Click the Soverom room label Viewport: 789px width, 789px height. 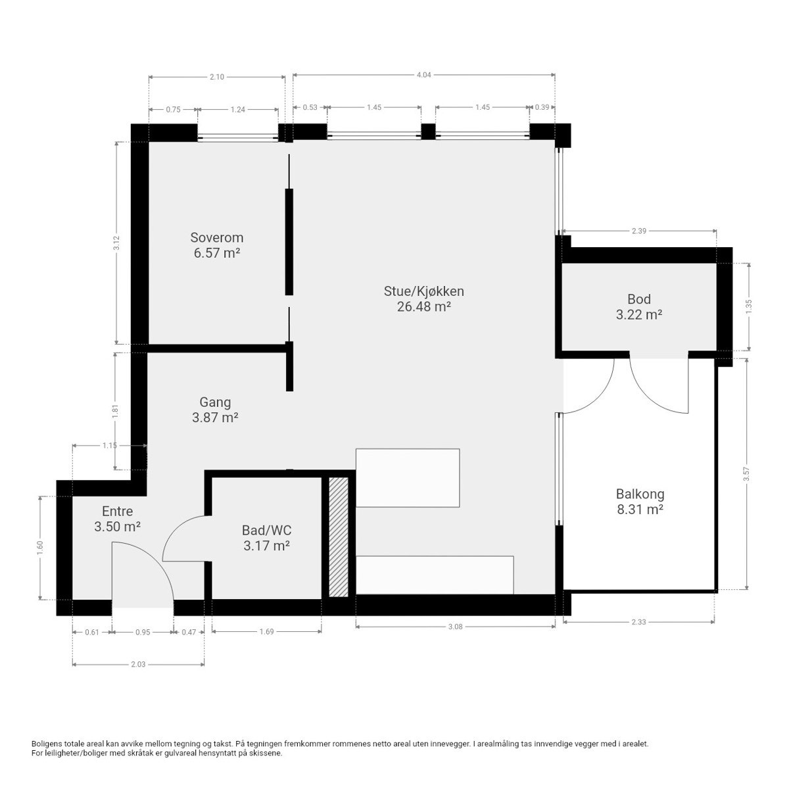pyautogui.click(x=216, y=237)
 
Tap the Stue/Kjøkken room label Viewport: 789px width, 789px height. pyautogui.click(x=424, y=291)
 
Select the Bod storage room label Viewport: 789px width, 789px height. pyautogui.click(x=638, y=299)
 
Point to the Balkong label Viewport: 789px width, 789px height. pyautogui.click(x=640, y=494)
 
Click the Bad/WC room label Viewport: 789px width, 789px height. pyautogui.click(x=266, y=531)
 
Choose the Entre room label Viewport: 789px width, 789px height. pyautogui.click(x=118, y=512)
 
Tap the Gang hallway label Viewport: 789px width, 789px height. pyautogui.click(x=216, y=402)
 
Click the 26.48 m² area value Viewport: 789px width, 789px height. pyautogui.click(x=424, y=306)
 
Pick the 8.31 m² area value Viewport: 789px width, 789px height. pyautogui.click(x=640, y=510)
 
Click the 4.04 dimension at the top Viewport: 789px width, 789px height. pyautogui.click(x=424, y=75)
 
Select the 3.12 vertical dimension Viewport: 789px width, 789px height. pyautogui.click(x=116, y=243)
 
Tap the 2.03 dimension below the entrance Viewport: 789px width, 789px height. pyautogui.click(x=138, y=664)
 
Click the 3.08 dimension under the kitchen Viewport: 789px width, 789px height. pyautogui.click(x=455, y=627)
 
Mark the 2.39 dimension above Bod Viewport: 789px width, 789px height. pyautogui.click(x=638, y=231)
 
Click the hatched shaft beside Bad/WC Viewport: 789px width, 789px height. pyautogui.click(x=339, y=537)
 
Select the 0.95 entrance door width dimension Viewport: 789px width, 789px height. pyautogui.click(x=143, y=632)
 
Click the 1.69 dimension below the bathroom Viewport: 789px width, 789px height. pyautogui.click(x=266, y=632)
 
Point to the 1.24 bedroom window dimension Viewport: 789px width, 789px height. pyautogui.click(x=238, y=109)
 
